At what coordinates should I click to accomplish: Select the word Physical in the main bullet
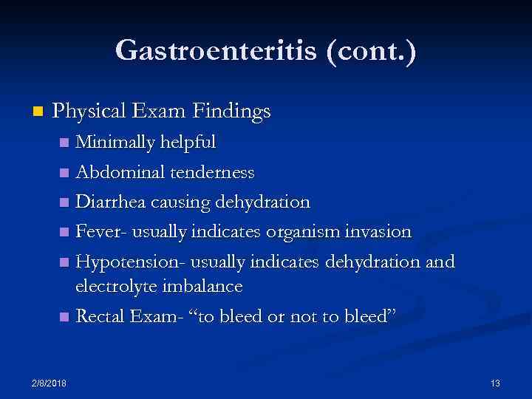(92, 112)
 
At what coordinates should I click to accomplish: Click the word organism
(306, 232)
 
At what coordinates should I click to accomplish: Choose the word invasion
(379, 232)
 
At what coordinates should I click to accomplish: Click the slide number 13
(495, 383)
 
